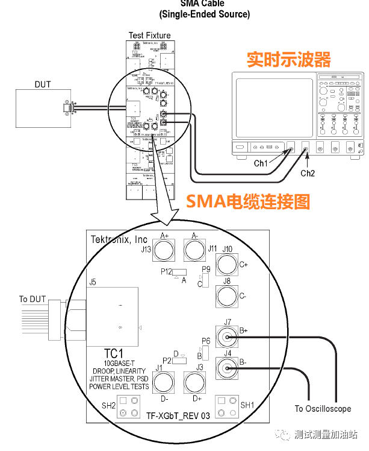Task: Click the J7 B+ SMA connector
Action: pyautogui.click(x=227, y=338)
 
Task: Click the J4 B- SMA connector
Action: pyautogui.click(x=227, y=366)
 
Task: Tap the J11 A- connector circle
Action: pyautogui.click(x=194, y=250)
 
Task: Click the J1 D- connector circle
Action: pyautogui.click(x=164, y=382)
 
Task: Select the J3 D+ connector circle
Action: pyautogui.click(x=194, y=382)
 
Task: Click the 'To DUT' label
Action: pyautogui.click(x=31, y=299)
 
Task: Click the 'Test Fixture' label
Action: pyautogui.click(x=149, y=36)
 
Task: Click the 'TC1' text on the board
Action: pyautogui.click(x=114, y=353)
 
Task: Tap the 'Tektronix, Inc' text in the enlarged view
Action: pyautogui.click(x=119, y=239)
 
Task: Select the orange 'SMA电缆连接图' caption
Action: pyautogui.click(x=247, y=201)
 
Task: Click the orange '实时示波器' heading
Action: pyautogui.click(x=289, y=60)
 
